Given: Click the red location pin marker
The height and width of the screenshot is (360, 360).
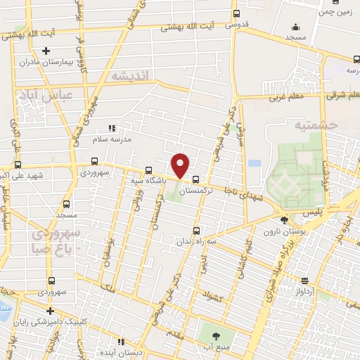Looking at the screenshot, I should [x=181, y=165].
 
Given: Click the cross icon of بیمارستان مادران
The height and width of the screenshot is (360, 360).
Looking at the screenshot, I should [x=46, y=51].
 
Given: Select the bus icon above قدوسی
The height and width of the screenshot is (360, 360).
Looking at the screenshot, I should [x=237, y=13].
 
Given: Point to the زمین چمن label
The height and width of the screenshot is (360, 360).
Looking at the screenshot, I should [x=336, y=12].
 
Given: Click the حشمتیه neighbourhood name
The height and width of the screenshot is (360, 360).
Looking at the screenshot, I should [x=318, y=124].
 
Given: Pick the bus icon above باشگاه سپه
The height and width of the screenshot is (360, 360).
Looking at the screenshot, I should [x=148, y=170].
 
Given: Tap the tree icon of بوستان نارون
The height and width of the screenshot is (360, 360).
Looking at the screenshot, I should [x=284, y=221].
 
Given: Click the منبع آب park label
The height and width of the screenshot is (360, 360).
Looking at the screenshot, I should [x=217, y=345].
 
